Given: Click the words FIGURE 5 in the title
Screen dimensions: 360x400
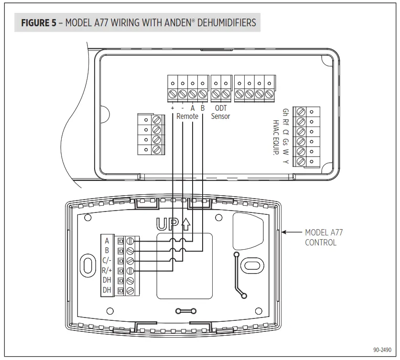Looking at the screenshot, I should click(39, 23).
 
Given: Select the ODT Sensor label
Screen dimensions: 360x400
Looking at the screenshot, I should click(220, 112).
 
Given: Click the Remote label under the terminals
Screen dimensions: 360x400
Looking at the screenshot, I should click(187, 116).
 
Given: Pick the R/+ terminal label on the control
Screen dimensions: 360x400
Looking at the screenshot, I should click(107, 270).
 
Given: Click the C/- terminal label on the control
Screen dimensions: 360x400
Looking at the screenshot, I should click(107, 260).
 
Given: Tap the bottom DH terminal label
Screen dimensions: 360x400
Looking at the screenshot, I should click(107, 290).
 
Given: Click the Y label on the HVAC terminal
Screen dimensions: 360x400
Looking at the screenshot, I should click(285, 162).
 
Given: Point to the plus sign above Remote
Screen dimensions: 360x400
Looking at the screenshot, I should click(172, 108).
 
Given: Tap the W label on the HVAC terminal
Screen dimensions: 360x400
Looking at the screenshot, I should click(285, 152).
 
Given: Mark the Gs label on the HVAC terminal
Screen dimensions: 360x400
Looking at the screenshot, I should click(285, 142).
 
